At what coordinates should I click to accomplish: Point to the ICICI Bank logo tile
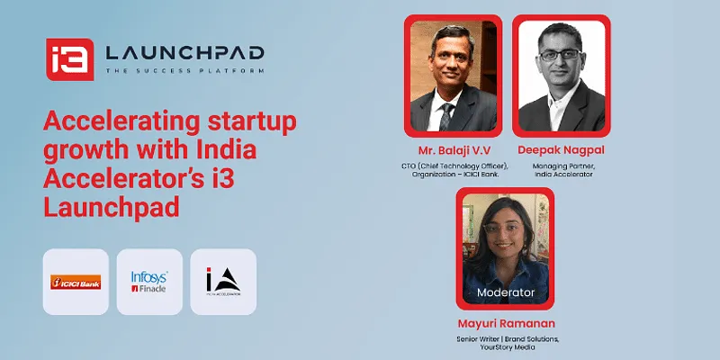76,282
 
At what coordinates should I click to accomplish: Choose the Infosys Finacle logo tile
149,282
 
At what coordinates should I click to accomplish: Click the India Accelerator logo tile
223,282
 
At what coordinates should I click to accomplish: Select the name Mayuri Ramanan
507,322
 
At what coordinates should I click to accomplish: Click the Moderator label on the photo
505,292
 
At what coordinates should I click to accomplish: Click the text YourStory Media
507,347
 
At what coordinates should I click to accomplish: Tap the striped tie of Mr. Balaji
447,115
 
